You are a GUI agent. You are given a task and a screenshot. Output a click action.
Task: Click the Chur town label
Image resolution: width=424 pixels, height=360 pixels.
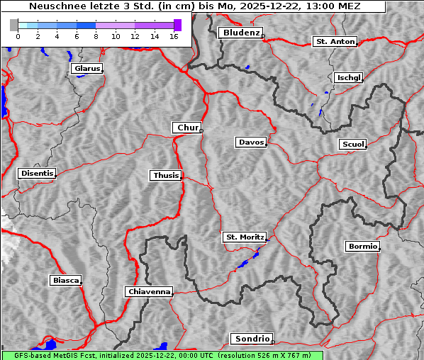click(187, 128)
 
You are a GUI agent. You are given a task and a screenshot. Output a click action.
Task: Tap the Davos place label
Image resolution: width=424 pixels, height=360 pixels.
click(250, 142)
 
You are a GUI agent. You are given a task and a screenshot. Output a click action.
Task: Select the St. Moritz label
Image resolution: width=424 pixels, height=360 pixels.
click(244, 237)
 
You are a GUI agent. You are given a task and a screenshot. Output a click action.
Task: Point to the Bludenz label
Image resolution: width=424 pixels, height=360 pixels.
click(240, 33)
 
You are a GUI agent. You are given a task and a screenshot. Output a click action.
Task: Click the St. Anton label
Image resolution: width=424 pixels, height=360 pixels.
click(334, 42)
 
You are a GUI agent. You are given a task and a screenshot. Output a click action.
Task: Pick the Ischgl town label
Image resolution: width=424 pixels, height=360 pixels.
click(348, 77)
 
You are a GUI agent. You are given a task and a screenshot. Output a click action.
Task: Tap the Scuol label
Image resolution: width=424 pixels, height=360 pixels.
click(352, 145)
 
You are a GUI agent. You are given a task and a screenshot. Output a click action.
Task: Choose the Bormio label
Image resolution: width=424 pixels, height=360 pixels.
click(362, 247)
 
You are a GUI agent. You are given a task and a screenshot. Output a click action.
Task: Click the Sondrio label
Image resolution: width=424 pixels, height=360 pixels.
click(251, 339)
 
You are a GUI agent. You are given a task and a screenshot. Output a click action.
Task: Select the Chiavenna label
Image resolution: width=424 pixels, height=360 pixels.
click(148, 291)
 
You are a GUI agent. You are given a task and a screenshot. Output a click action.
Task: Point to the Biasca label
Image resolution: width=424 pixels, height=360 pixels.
click(65, 281)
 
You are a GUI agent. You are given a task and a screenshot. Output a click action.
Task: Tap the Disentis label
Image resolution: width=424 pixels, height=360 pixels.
click(36, 174)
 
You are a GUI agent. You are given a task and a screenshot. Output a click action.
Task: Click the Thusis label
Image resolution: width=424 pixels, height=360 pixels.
click(165, 175)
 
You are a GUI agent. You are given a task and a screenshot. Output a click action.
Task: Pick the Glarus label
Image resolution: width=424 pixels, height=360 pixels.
click(86, 69)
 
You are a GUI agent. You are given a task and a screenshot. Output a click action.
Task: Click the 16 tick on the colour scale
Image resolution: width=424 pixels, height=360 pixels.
click(174, 35)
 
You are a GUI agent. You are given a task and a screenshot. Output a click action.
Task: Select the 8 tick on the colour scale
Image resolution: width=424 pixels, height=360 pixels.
click(96, 35)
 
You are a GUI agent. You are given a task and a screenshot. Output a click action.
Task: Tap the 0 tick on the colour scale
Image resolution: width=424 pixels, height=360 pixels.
click(18, 35)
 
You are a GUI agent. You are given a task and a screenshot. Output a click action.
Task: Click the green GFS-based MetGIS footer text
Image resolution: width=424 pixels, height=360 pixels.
click(162, 355)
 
